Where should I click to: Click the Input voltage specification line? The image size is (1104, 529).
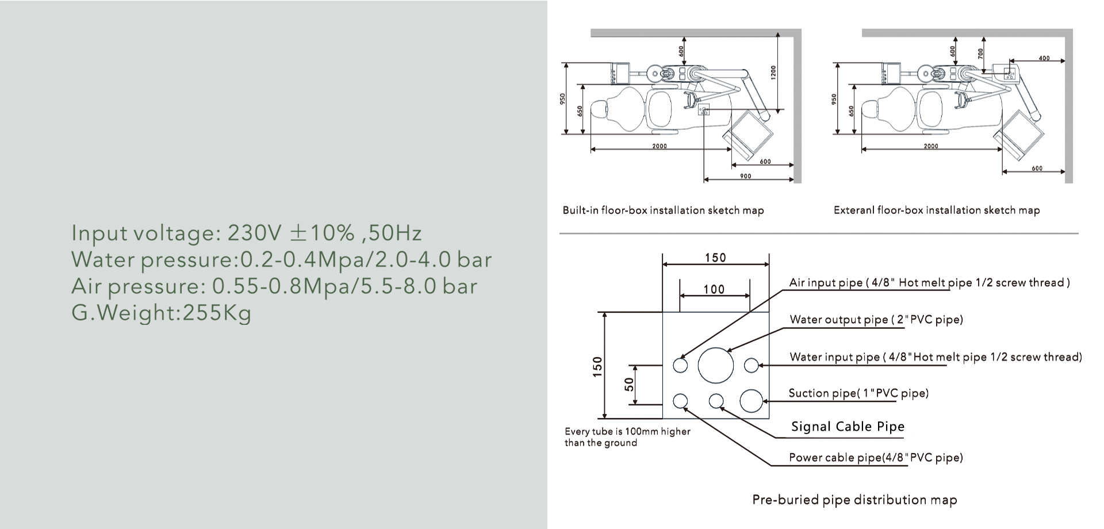[x=247, y=233]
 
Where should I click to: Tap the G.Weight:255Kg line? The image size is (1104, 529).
[x=162, y=313]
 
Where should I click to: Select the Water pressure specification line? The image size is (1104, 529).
[x=282, y=260]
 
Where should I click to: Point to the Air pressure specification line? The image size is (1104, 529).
[x=274, y=286]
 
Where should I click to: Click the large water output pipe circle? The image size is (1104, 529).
[x=716, y=365]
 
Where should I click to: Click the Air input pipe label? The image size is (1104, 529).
[x=929, y=283]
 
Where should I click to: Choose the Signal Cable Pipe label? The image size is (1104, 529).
[x=848, y=427]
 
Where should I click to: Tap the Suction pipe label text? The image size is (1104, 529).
[x=858, y=393]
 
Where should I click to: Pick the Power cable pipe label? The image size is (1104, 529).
[x=876, y=458]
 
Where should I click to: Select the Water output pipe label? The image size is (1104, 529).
[x=876, y=320]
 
